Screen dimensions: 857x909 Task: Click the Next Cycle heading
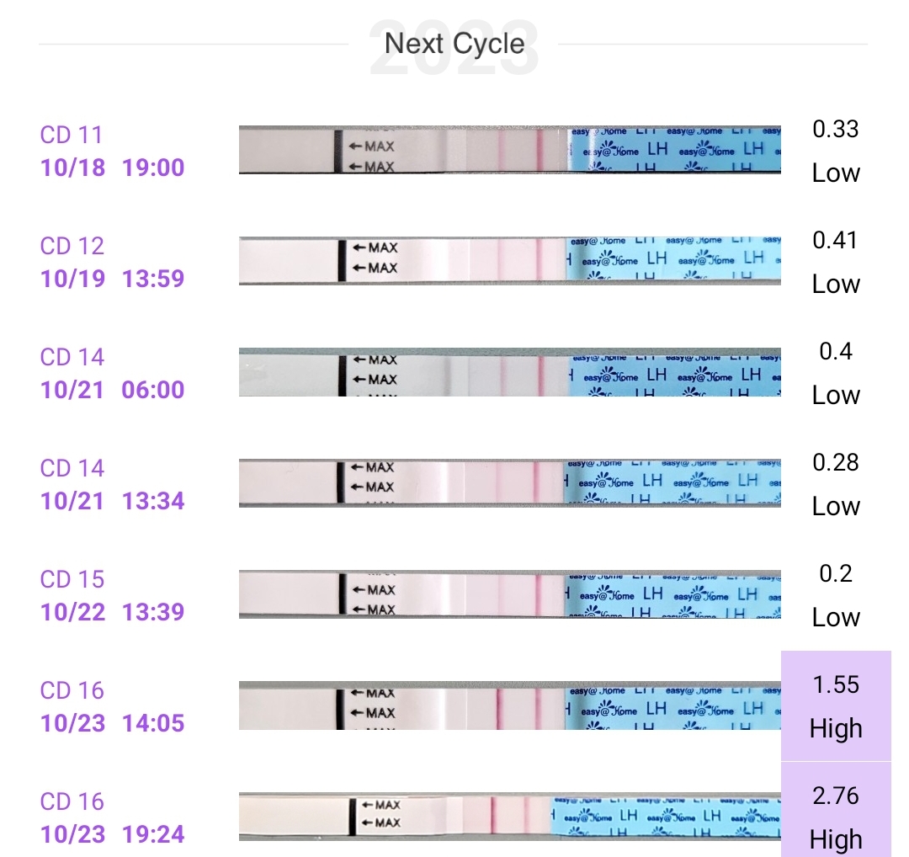(x=454, y=43)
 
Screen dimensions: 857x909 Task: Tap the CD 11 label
(x=71, y=135)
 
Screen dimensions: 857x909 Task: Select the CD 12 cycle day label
(x=72, y=246)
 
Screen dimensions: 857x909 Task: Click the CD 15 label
(x=72, y=579)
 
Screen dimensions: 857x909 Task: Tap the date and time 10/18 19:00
(x=112, y=168)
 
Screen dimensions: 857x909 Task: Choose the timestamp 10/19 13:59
(x=112, y=279)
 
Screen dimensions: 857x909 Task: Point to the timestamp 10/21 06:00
(x=112, y=390)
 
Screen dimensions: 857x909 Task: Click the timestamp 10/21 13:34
(x=112, y=501)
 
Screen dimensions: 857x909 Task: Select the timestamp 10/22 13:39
(x=112, y=612)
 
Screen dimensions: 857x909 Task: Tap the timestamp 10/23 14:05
(x=112, y=723)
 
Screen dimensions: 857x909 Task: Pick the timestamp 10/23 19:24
(x=112, y=834)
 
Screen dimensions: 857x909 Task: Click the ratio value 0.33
(x=835, y=129)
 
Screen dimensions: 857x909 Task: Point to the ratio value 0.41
(x=835, y=240)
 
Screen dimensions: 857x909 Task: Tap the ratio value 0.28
(x=835, y=462)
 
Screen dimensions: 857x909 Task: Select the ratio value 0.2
(x=835, y=573)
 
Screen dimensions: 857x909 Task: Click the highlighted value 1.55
(x=836, y=684)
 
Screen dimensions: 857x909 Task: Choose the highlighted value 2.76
(x=836, y=796)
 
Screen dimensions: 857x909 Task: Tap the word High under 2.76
(x=836, y=839)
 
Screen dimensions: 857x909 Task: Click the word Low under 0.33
(x=836, y=173)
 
